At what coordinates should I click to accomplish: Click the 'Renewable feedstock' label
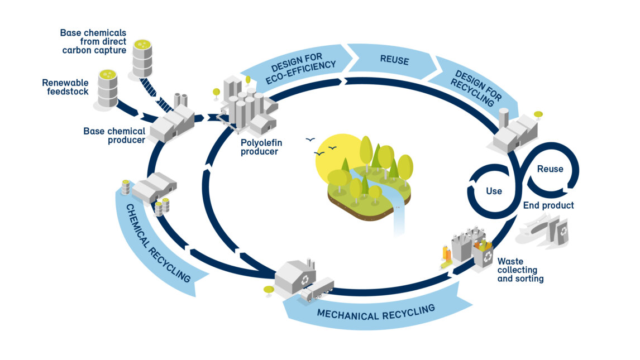tap(65, 87)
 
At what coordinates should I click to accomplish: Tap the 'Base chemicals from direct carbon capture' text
tap(93, 42)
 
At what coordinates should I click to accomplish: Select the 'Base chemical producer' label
tap(114, 136)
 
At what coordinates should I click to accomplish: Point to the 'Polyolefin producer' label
tap(259, 147)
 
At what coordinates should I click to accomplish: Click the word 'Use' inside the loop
tap(494, 191)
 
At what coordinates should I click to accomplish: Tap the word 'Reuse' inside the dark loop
tap(550, 169)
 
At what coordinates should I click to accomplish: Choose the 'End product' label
tap(548, 205)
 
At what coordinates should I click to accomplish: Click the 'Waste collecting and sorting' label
tap(520, 270)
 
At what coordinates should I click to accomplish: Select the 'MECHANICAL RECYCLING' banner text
tap(375, 312)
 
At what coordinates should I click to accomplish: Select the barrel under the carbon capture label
tap(142, 57)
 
